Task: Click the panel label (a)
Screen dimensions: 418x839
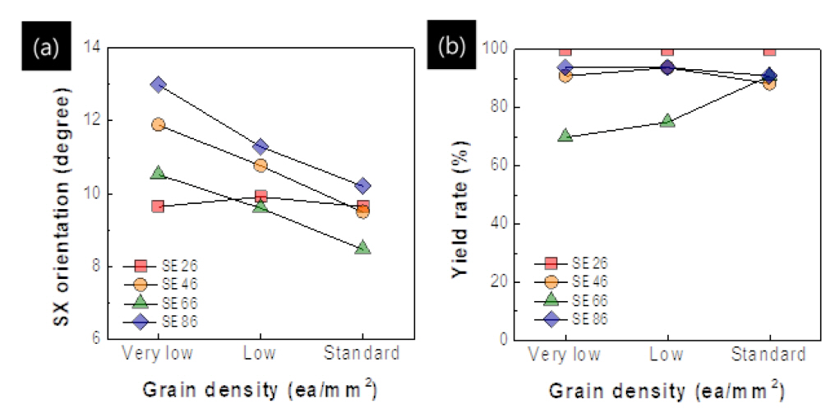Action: tap(44, 48)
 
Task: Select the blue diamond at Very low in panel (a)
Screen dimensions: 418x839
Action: tap(159, 84)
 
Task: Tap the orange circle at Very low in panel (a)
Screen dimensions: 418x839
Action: tap(159, 124)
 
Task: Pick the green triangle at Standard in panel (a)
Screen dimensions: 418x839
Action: tap(363, 247)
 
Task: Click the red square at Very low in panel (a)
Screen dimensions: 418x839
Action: tap(159, 206)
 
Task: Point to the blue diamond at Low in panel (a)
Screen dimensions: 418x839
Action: tap(260, 146)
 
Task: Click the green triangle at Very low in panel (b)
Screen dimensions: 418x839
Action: tap(565, 136)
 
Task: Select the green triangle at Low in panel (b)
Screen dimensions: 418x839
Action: tap(667, 121)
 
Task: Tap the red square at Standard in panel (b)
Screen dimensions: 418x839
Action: tap(770, 49)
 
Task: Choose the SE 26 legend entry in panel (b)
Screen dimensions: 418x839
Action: tap(574, 263)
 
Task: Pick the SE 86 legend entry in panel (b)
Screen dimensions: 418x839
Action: tap(574, 318)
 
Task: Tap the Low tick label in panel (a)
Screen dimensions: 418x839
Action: tap(260, 355)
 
